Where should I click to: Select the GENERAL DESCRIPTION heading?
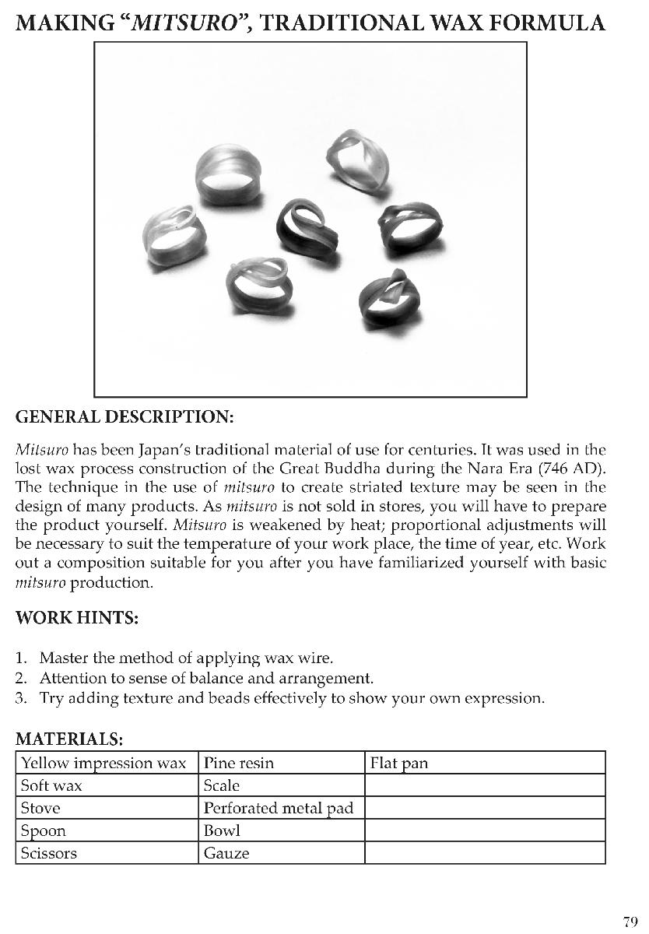(x=125, y=416)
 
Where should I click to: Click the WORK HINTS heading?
(x=77, y=619)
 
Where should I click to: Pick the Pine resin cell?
(x=239, y=763)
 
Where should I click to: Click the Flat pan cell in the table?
(x=399, y=763)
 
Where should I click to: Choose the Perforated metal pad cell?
(x=278, y=808)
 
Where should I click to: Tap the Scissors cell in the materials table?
(x=49, y=853)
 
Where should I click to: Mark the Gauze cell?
(x=226, y=853)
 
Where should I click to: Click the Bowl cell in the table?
(x=222, y=830)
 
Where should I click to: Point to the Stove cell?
(x=40, y=808)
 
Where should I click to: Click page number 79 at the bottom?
(x=630, y=922)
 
